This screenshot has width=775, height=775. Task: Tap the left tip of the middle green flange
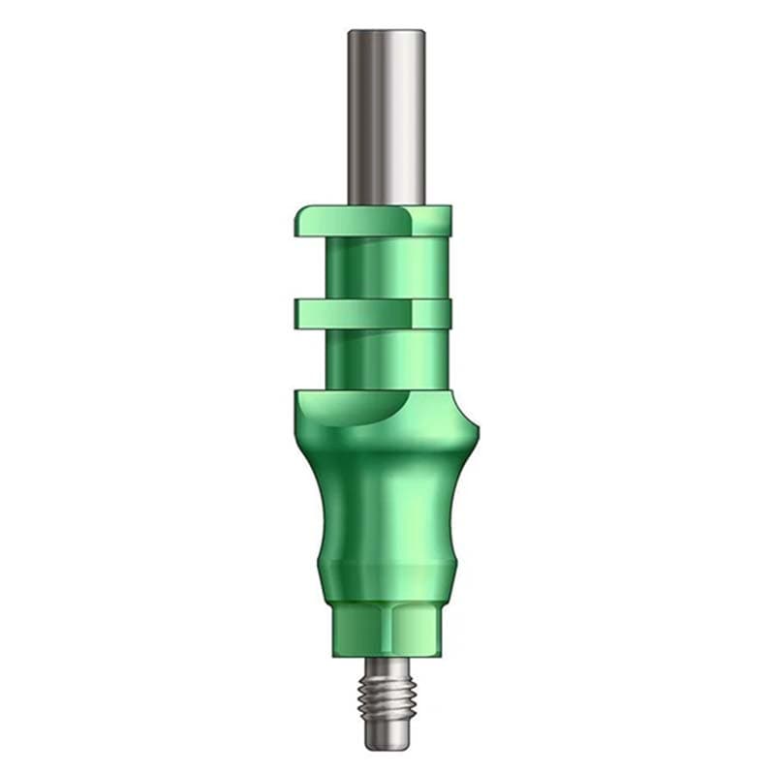(297, 312)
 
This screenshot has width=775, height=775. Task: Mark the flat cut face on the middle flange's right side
(433, 312)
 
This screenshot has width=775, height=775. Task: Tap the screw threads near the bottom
(388, 702)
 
